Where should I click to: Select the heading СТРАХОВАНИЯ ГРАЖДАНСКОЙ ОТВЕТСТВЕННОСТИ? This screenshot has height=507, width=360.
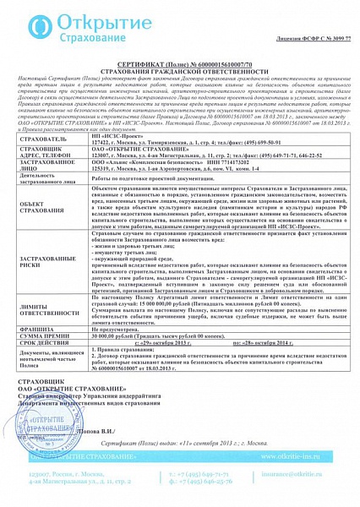[x=180, y=71]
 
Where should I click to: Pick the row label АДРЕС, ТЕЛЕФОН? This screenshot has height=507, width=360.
[x=39, y=157]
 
